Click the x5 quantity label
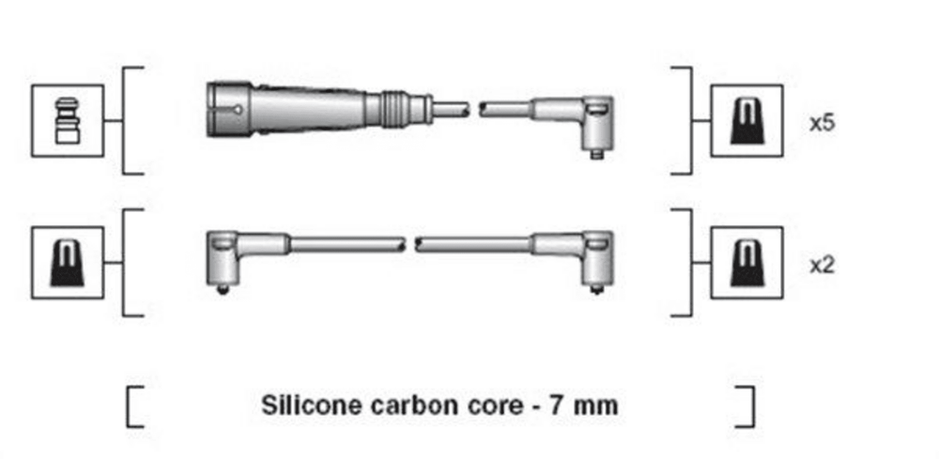(x=822, y=124)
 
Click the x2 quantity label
(x=822, y=266)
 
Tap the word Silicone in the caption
(x=312, y=405)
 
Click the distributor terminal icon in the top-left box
(x=67, y=121)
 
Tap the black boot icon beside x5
(x=747, y=121)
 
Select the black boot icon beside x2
(x=747, y=263)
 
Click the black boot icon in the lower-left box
(x=67, y=263)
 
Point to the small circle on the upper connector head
(x=238, y=110)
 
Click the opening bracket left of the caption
(x=134, y=407)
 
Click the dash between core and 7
(x=535, y=408)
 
